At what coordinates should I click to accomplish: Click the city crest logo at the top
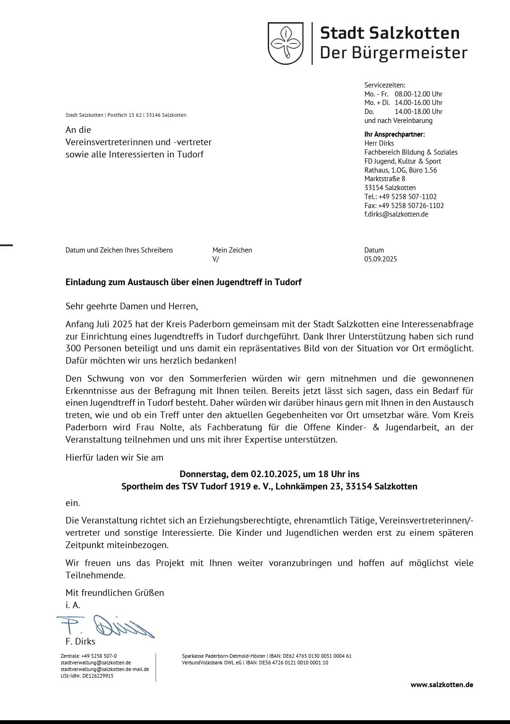click(x=286, y=43)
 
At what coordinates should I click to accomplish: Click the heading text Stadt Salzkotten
click(x=390, y=33)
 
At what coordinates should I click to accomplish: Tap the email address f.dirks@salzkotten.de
click(x=396, y=214)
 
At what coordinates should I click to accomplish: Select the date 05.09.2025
click(x=381, y=259)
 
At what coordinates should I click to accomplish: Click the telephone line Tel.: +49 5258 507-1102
click(x=400, y=197)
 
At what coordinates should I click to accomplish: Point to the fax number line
click(x=404, y=206)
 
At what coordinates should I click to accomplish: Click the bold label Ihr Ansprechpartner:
click(x=394, y=134)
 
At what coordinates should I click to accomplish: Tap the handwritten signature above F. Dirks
click(x=106, y=627)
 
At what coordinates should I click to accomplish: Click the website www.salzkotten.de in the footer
click(x=442, y=685)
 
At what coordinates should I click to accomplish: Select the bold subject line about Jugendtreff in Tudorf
click(x=183, y=282)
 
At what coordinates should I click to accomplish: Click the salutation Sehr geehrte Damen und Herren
click(x=132, y=306)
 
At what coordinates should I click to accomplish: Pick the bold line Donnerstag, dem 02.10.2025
click(x=269, y=474)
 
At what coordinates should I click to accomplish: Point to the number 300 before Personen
click(x=74, y=349)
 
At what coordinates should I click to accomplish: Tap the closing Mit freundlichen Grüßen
click(x=115, y=593)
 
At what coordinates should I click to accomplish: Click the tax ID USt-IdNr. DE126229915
click(x=87, y=676)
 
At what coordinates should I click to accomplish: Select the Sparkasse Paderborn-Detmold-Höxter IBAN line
click(x=266, y=656)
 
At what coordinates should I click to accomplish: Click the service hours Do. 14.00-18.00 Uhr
click(x=403, y=112)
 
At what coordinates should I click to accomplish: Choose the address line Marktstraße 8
click(x=385, y=179)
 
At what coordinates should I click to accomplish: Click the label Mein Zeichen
click(x=232, y=250)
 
